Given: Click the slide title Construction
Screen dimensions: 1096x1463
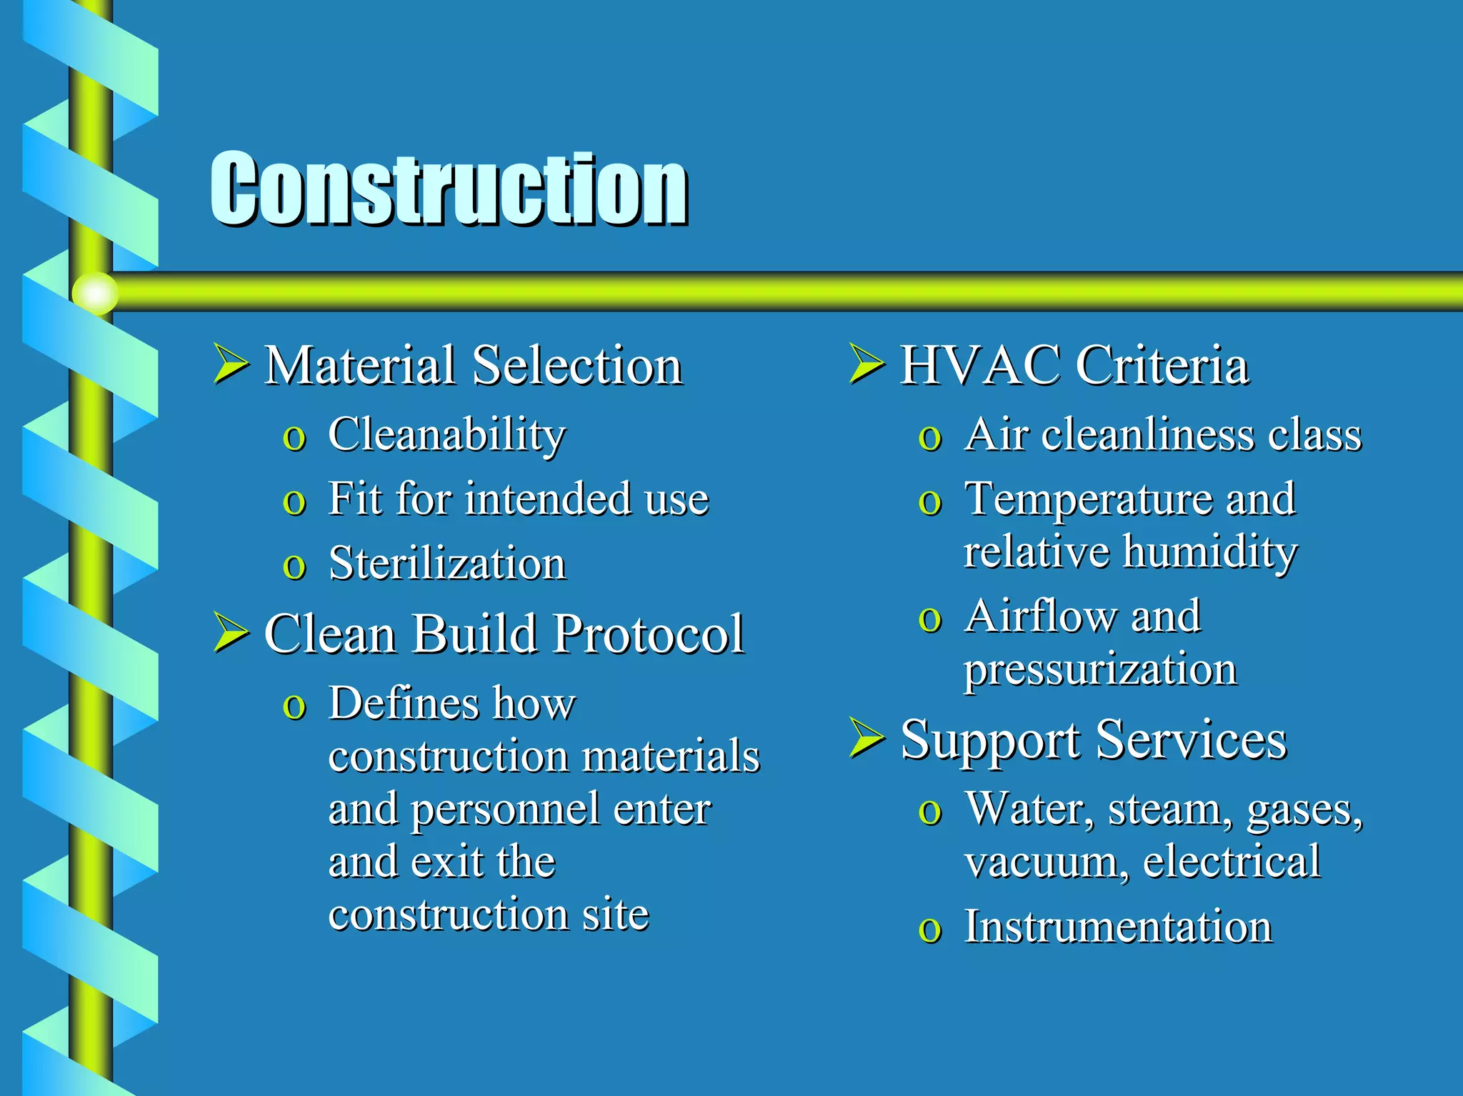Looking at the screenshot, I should coord(449,189).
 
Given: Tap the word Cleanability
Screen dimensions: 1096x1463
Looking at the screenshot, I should coord(446,434).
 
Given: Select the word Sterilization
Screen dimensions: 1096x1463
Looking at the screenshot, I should coord(447,563).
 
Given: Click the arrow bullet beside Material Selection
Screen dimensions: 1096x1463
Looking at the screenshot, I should coord(230,363).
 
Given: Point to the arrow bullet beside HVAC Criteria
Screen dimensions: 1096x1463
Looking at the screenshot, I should coord(866,363).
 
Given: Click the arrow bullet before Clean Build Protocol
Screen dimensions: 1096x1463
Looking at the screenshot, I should coord(230,632).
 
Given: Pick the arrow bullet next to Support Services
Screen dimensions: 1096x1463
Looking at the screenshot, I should coord(866,738).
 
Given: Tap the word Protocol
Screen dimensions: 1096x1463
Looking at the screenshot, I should coord(648,634).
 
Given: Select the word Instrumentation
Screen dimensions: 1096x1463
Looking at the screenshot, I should coord(1118,927).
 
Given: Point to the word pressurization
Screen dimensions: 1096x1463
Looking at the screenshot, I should coord(1100,670).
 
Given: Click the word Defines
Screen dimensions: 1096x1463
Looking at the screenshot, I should coord(403,704).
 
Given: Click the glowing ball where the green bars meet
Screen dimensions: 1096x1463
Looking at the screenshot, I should coord(95,293).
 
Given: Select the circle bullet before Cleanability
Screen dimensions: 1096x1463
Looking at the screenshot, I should coord(294,437).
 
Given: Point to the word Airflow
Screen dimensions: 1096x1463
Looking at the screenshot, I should coord(1040,616).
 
